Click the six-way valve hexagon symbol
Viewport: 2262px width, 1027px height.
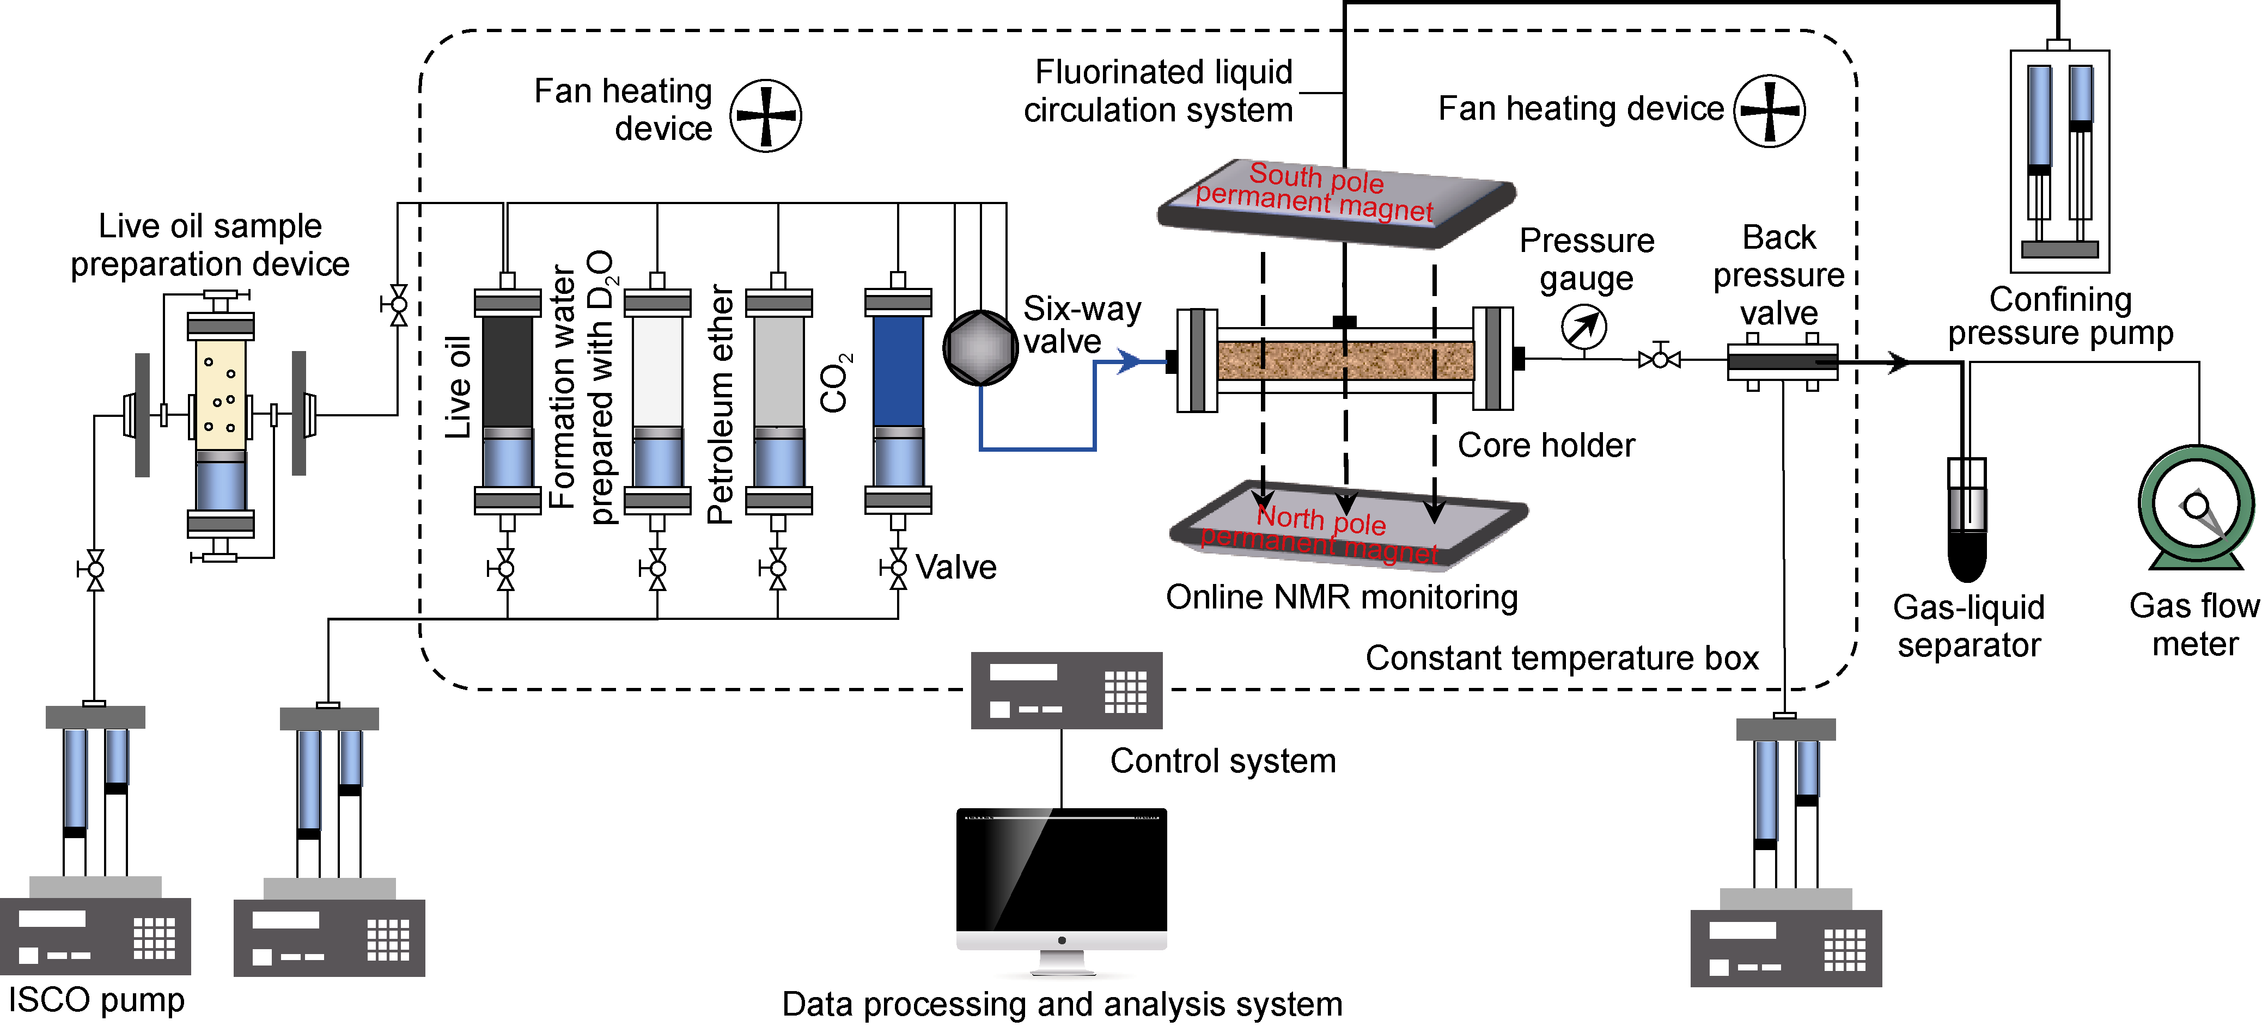[x=979, y=348]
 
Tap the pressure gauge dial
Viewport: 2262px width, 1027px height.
[x=1583, y=328]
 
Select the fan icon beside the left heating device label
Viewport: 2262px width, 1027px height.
[x=766, y=115]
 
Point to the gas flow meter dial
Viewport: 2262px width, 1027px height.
[x=2195, y=507]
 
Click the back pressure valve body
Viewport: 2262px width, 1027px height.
[x=1781, y=361]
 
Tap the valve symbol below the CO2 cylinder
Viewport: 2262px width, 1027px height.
[x=898, y=569]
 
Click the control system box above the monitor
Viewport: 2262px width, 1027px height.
[x=1066, y=690]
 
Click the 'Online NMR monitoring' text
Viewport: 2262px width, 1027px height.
[x=1341, y=597]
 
